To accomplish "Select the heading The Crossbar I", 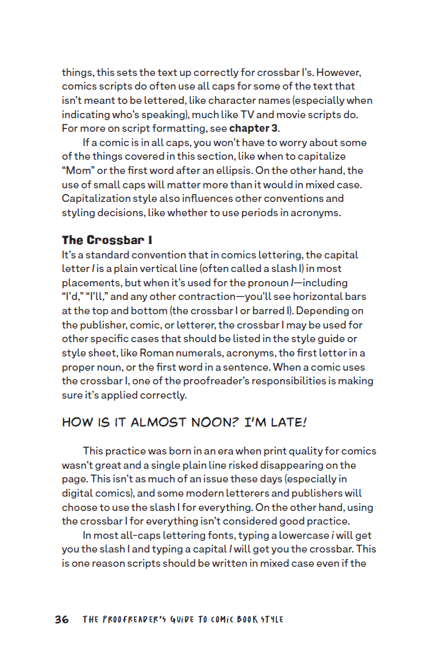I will (107, 241).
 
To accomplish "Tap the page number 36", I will (62, 619).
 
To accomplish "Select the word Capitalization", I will (96, 199).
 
